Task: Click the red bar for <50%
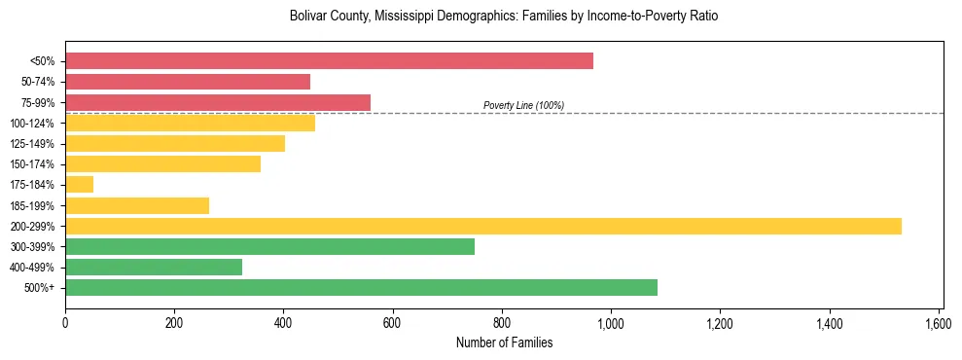[329, 61]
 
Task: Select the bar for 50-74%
[188, 82]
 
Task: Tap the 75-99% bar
[218, 102]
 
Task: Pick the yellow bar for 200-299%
[483, 227]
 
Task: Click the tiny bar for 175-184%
[79, 185]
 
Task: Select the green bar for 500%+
[361, 288]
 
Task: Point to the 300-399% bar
[269, 247]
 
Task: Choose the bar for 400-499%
[154, 268]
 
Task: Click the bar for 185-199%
[137, 205]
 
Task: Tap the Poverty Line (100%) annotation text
[523, 105]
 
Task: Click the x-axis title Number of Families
[504, 342]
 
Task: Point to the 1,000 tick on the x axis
[611, 322]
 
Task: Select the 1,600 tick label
[939, 322]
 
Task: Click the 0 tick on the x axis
[65, 322]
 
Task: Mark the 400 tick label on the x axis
[284, 322]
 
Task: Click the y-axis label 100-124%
[32, 124]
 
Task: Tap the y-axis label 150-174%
[32, 164]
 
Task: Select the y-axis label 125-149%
[32, 144]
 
